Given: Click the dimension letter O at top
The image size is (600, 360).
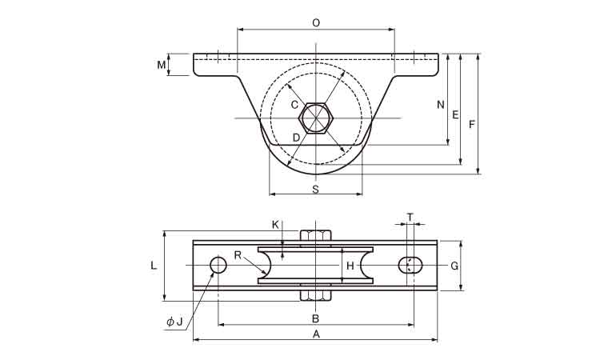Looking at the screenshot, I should pos(316,23).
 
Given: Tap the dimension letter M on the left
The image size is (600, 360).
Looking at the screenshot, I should pos(161,64).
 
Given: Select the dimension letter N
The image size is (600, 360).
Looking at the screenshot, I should pos(439,105).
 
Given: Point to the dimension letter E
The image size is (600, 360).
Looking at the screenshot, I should pos(455,115).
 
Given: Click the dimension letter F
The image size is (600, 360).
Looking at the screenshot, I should pos(472,125).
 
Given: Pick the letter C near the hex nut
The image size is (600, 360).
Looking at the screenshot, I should pos(294,104).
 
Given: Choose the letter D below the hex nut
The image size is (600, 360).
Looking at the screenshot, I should pos(295,138).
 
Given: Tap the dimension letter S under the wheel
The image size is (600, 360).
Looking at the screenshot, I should pos(315,190).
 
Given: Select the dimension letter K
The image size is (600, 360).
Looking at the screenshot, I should pos(275,225).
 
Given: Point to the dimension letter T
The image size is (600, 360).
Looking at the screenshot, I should pos(410,217).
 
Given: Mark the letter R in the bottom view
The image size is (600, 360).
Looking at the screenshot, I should pos(238,255).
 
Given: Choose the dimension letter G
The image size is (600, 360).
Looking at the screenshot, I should pos(454,266).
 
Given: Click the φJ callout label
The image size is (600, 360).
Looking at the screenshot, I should pos(174,322).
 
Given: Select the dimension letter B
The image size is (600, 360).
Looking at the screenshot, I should pos(316,318).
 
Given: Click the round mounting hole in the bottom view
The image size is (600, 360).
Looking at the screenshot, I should pos(218,265).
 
